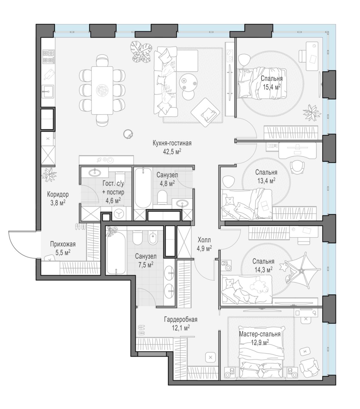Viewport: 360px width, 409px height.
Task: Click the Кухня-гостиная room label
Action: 172,143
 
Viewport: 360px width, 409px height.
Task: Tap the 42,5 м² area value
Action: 172,152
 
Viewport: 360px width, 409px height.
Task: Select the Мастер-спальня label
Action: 260,334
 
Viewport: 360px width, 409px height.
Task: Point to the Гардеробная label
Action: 181,320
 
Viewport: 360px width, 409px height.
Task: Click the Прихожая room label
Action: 63,244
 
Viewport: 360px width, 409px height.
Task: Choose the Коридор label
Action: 58,194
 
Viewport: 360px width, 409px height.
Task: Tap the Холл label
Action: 204,240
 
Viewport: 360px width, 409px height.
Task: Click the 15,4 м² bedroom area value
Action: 272,87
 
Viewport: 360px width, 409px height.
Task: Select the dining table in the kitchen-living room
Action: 102,90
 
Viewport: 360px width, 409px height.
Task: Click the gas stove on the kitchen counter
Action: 49,57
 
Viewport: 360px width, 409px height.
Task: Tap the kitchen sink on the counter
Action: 48,91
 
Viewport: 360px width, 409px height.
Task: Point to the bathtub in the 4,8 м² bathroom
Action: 143,188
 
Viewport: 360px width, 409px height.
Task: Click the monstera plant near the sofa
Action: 141,51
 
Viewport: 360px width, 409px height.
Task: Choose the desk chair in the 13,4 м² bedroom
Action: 297,167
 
